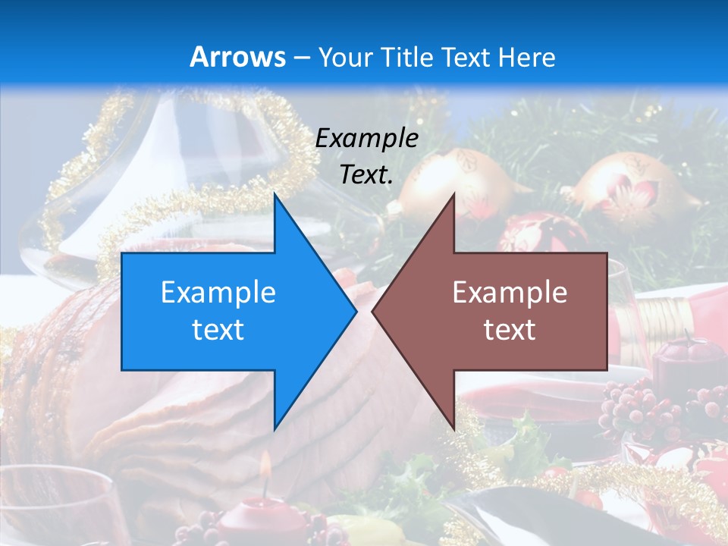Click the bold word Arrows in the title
click(237, 57)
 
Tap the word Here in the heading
click(528, 57)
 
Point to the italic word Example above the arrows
click(366, 138)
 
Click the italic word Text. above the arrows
click(366, 174)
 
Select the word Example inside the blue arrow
click(218, 292)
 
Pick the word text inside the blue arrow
click(218, 330)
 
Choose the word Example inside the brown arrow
click(510, 292)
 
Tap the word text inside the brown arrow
click(510, 330)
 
